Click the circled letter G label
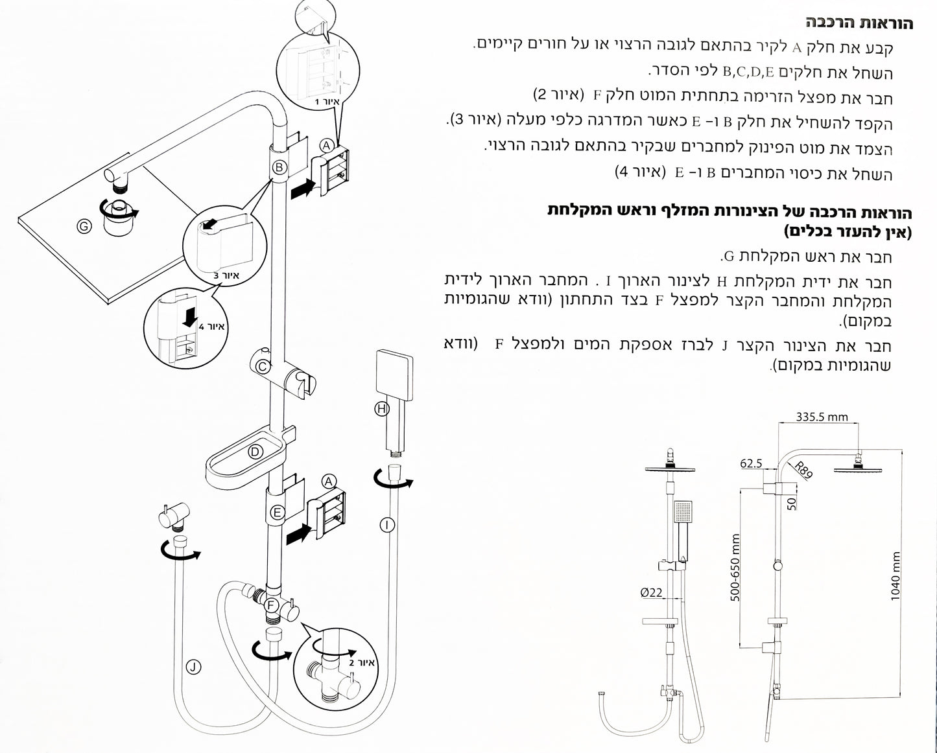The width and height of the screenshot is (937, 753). coord(83,226)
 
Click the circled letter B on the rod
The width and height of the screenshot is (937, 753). coord(279,167)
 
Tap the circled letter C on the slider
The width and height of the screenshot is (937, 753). coord(263,367)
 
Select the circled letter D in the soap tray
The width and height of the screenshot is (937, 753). coord(255,451)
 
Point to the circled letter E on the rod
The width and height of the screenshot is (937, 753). coord(277,513)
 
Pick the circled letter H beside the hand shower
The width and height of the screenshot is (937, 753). coord(382,408)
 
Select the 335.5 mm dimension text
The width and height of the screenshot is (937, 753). coord(822,417)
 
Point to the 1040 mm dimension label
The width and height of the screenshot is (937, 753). coord(895,577)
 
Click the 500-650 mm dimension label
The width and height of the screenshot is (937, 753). coord(735,568)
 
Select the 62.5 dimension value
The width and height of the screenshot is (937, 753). coord(751,463)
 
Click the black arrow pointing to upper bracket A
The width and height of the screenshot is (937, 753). coord(303,189)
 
